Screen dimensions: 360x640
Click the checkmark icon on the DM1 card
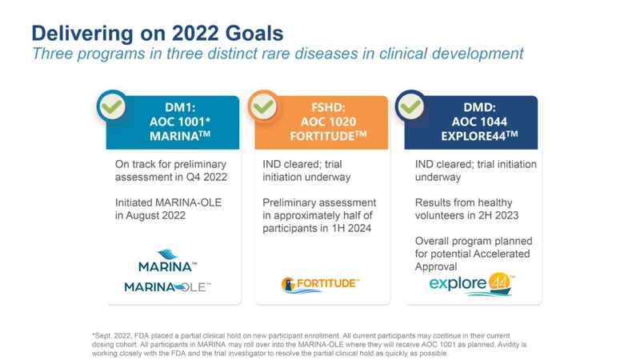pos(112,106)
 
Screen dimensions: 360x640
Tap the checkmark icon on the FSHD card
pos(262,106)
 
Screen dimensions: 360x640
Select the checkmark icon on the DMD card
pos(411,106)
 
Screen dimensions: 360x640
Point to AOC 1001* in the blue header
pos(179,122)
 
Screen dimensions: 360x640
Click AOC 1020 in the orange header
pos(328,122)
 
